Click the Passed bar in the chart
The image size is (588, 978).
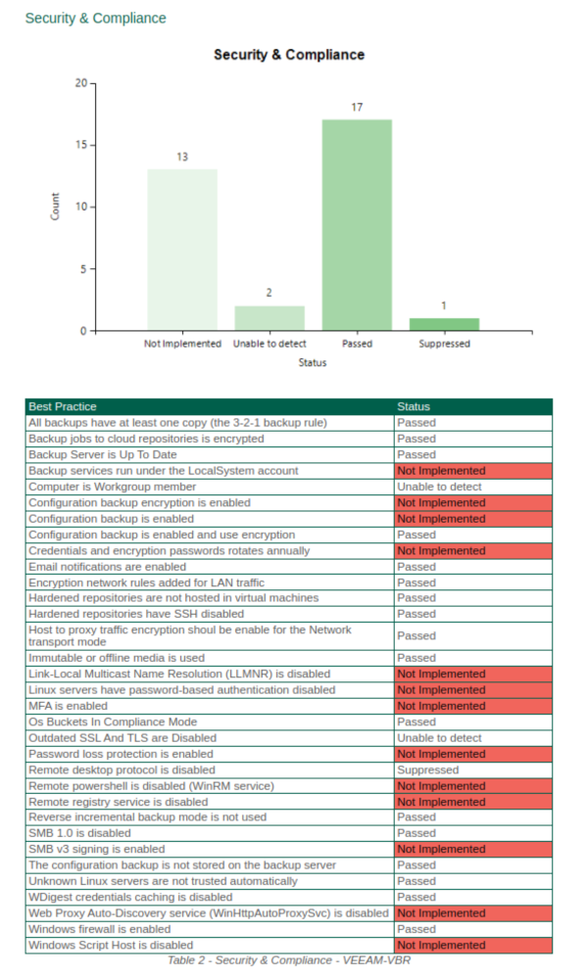coord(357,225)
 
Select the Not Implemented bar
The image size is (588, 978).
coord(182,250)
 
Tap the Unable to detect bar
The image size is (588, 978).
coord(269,318)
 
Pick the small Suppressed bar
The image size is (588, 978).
coord(444,324)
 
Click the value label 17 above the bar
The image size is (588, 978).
coord(357,107)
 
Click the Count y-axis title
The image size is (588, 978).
coord(55,207)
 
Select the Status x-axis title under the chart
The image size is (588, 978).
coord(313,362)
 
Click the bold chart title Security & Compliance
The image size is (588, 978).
coord(289,55)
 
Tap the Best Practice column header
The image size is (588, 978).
coord(63,406)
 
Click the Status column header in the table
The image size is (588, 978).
coord(414,406)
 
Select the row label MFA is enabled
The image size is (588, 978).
coord(68,706)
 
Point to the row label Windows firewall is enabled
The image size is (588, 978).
coord(99,929)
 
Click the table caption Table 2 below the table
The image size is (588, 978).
coord(289,960)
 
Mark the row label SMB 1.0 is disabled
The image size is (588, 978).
coord(79,833)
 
